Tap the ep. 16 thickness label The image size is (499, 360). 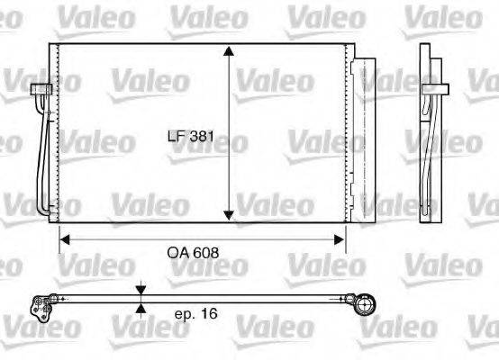(195, 315)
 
